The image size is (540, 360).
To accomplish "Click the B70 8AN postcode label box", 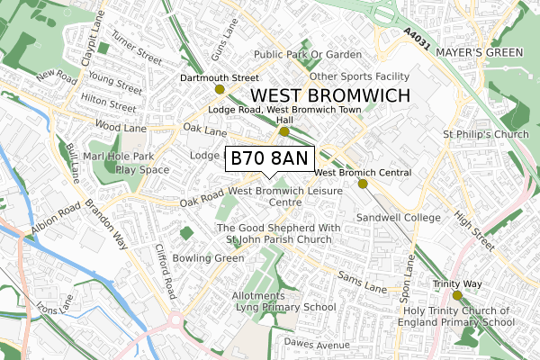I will (x=269, y=158).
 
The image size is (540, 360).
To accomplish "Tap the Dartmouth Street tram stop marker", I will (x=220, y=89).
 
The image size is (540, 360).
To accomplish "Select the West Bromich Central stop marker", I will (x=364, y=184).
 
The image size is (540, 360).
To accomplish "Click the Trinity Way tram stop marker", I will (x=457, y=294).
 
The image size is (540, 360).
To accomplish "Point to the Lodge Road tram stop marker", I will (x=284, y=131).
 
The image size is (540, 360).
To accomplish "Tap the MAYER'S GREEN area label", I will (x=479, y=53).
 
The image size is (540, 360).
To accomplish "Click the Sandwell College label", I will (x=399, y=218).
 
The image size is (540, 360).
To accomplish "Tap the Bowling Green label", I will (x=209, y=258).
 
